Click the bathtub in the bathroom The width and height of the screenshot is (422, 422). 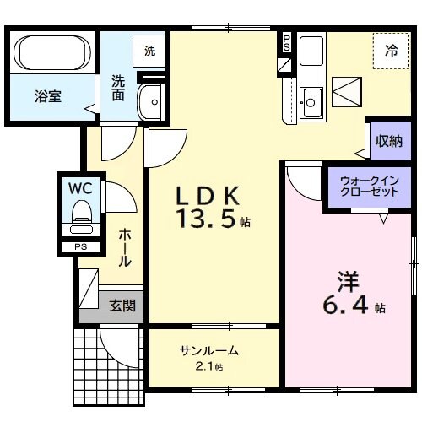(x=52, y=53)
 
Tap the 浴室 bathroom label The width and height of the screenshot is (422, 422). (x=49, y=95)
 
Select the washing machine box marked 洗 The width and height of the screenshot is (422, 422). (x=149, y=51)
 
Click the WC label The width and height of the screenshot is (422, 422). (x=80, y=186)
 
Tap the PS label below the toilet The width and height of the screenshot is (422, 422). (x=81, y=246)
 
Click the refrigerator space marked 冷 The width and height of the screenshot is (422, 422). (x=391, y=51)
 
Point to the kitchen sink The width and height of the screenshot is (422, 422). (x=311, y=102)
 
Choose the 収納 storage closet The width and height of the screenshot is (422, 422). (x=388, y=141)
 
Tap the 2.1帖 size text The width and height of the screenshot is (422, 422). (x=208, y=367)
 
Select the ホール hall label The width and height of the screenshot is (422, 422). (x=123, y=247)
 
